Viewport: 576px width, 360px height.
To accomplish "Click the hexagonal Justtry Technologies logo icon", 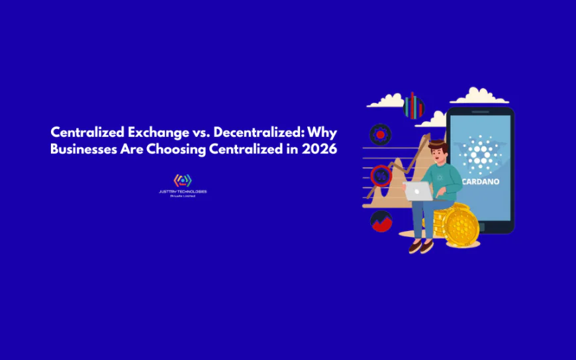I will click(182, 180).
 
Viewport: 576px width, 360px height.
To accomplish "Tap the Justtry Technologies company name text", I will click(182, 192).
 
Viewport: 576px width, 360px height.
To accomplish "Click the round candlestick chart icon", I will click(414, 106).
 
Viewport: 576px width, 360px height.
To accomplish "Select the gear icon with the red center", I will click(381, 134).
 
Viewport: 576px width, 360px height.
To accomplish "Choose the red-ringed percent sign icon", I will click(381, 176).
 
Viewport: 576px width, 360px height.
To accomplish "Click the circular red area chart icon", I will click(381, 221).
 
